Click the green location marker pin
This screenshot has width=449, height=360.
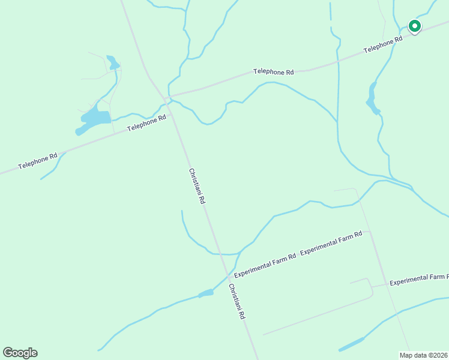click(414, 26)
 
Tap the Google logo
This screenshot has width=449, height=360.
click(20, 352)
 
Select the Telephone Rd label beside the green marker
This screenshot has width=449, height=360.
click(382, 44)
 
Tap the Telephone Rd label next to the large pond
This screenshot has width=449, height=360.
click(146, 124)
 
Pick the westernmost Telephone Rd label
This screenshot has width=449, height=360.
click(37, 161)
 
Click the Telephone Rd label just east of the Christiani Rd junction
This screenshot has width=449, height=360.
click(273, 71)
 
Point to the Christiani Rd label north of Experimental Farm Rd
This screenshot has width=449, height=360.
click(197, 187)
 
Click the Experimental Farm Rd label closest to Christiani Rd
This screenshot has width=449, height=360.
click(265, 265)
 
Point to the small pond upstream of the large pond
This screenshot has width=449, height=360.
click(112, 62)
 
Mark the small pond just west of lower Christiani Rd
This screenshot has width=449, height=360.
click(206, 293)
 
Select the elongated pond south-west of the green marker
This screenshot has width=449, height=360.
click(372, 100)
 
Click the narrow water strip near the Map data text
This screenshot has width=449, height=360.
click(351, 344)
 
